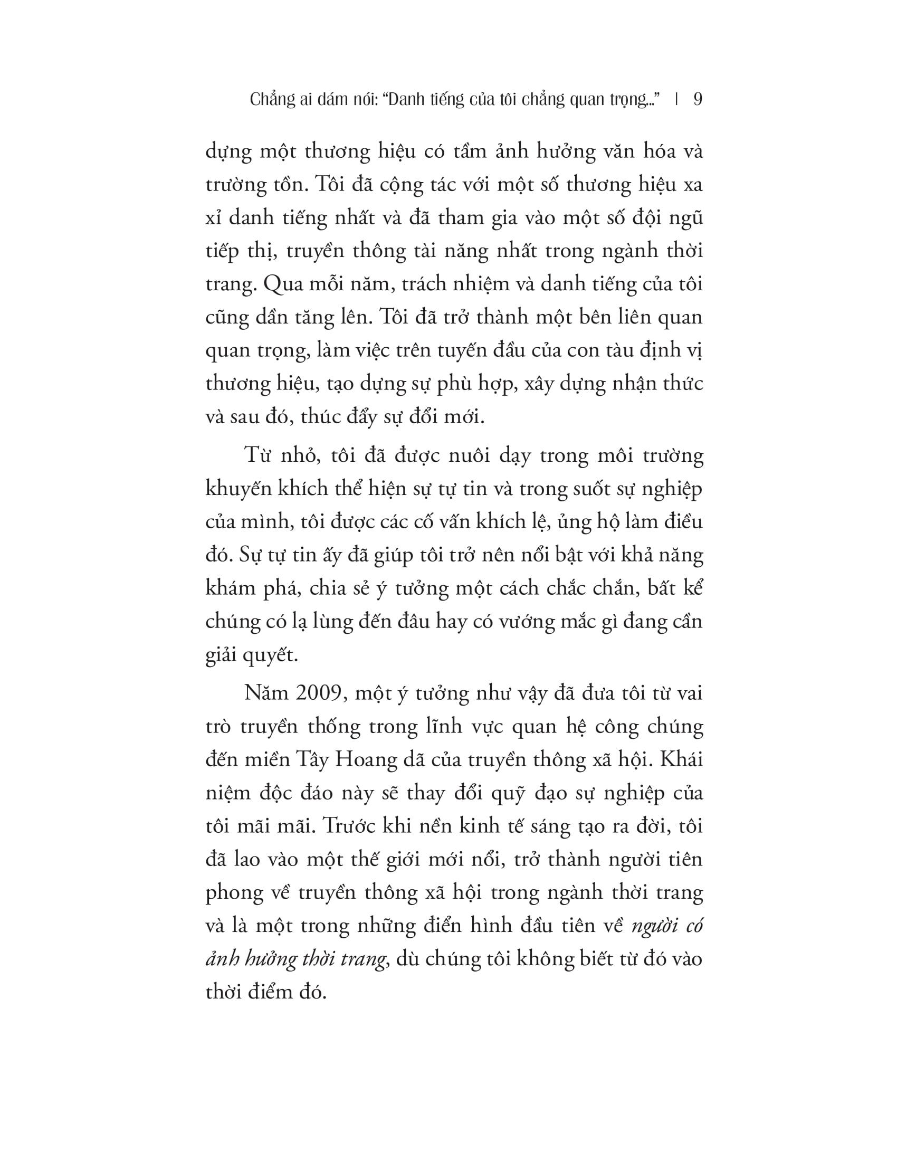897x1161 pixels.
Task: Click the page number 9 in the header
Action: coord(698,100)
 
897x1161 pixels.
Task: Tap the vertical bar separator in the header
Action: coord(676,100)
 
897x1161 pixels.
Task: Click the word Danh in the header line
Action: coord(406,100)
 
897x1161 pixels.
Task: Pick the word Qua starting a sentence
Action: coord(282,285)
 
